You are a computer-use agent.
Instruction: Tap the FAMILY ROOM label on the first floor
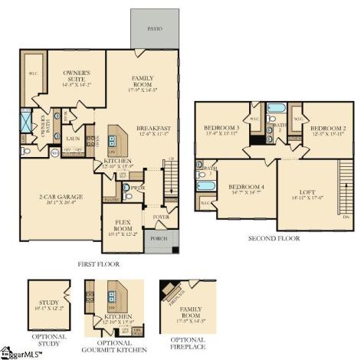143,80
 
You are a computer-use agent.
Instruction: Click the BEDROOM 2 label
329,129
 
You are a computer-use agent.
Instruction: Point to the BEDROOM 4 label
247,187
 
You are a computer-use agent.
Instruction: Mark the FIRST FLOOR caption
98,263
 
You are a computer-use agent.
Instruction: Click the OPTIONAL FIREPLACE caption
187,342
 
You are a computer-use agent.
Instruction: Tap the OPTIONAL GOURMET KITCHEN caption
115,342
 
